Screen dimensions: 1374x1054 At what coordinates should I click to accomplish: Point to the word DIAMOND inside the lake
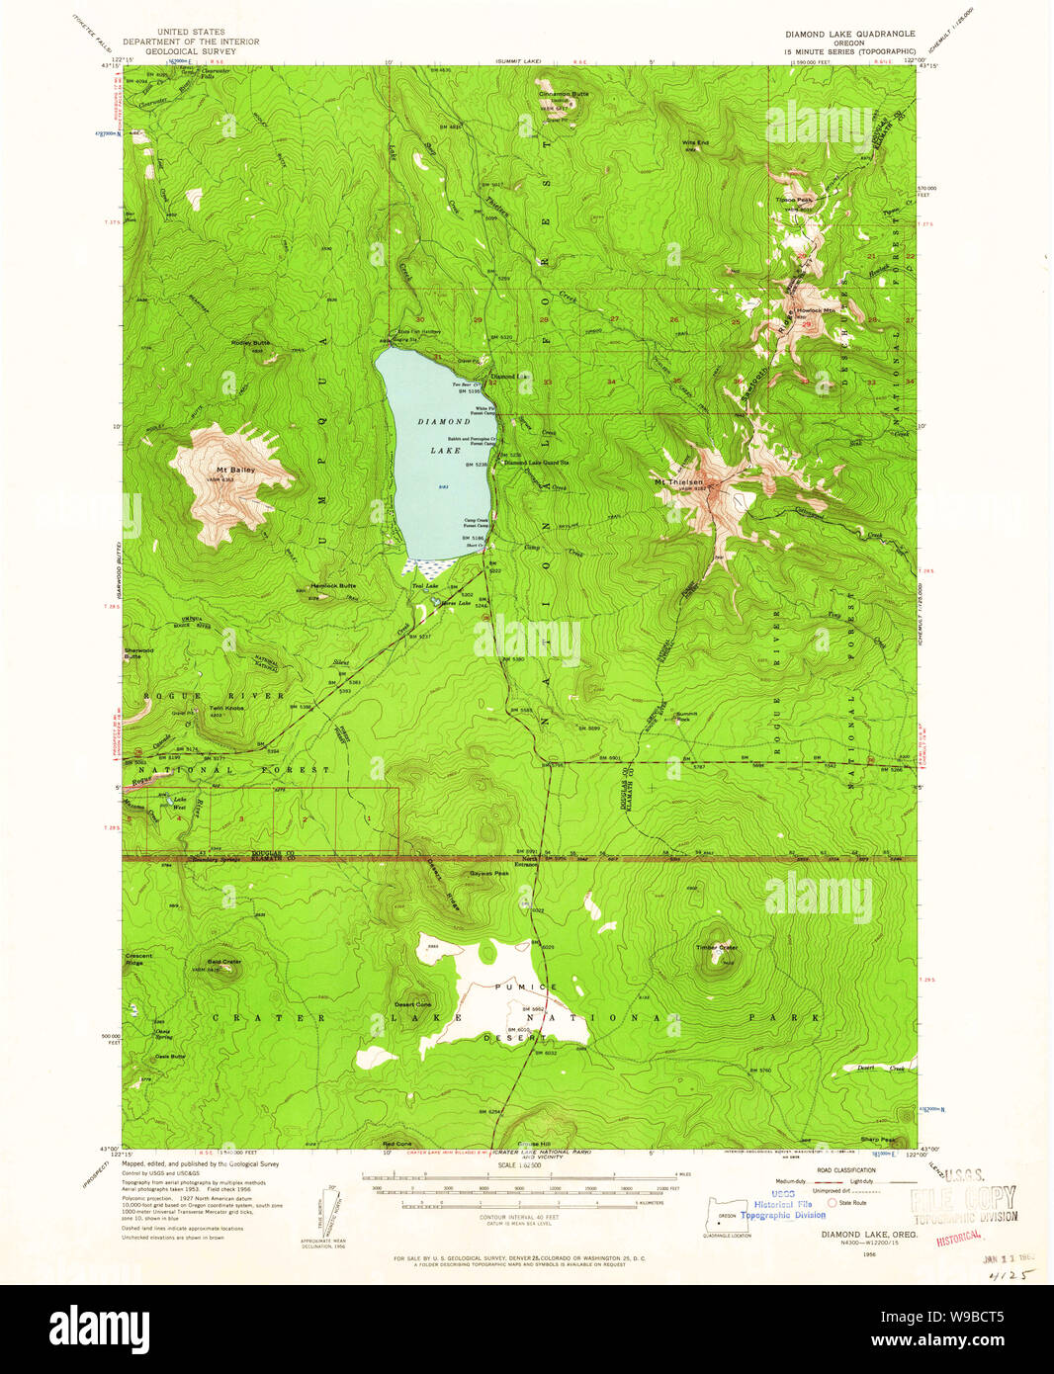[444, 421]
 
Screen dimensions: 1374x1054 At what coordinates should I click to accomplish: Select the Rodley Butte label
[250, 343]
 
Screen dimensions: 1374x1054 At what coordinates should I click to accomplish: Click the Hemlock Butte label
[333, 585]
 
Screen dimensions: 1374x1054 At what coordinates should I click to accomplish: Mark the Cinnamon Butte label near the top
[564, 94]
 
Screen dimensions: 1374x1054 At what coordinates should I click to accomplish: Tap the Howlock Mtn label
[810, 310]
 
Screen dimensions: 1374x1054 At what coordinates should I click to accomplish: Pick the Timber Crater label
[717, 947]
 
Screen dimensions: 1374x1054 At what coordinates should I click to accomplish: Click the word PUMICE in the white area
[535, 987]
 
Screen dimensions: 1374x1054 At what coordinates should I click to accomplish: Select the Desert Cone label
[412, 1004]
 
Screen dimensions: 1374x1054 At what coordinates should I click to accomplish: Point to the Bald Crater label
[224, 961]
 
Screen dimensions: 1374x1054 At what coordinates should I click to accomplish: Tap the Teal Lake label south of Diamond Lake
[423, 586]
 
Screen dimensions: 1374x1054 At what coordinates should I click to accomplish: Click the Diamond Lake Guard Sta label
[537, 463]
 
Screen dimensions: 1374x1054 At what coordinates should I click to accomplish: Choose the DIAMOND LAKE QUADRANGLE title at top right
[849, 34]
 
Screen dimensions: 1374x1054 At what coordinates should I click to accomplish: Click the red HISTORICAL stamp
[958, 1237]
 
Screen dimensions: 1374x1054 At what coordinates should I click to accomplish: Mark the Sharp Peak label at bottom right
[877, 1139]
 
